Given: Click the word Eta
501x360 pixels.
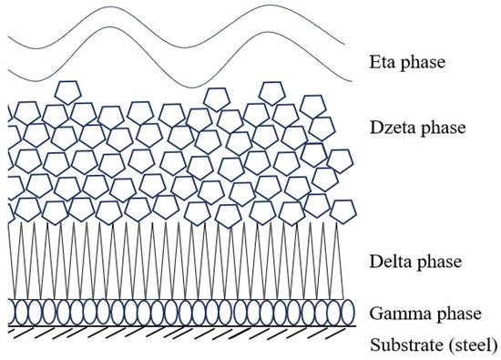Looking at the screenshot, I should coord(382,64).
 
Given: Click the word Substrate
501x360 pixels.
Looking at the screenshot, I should coord(402,345).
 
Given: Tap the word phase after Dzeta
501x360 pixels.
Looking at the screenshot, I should coord(443,129).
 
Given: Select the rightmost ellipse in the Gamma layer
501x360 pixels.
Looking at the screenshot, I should coord(346,312).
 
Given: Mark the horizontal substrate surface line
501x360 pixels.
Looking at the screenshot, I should coord(182,326).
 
